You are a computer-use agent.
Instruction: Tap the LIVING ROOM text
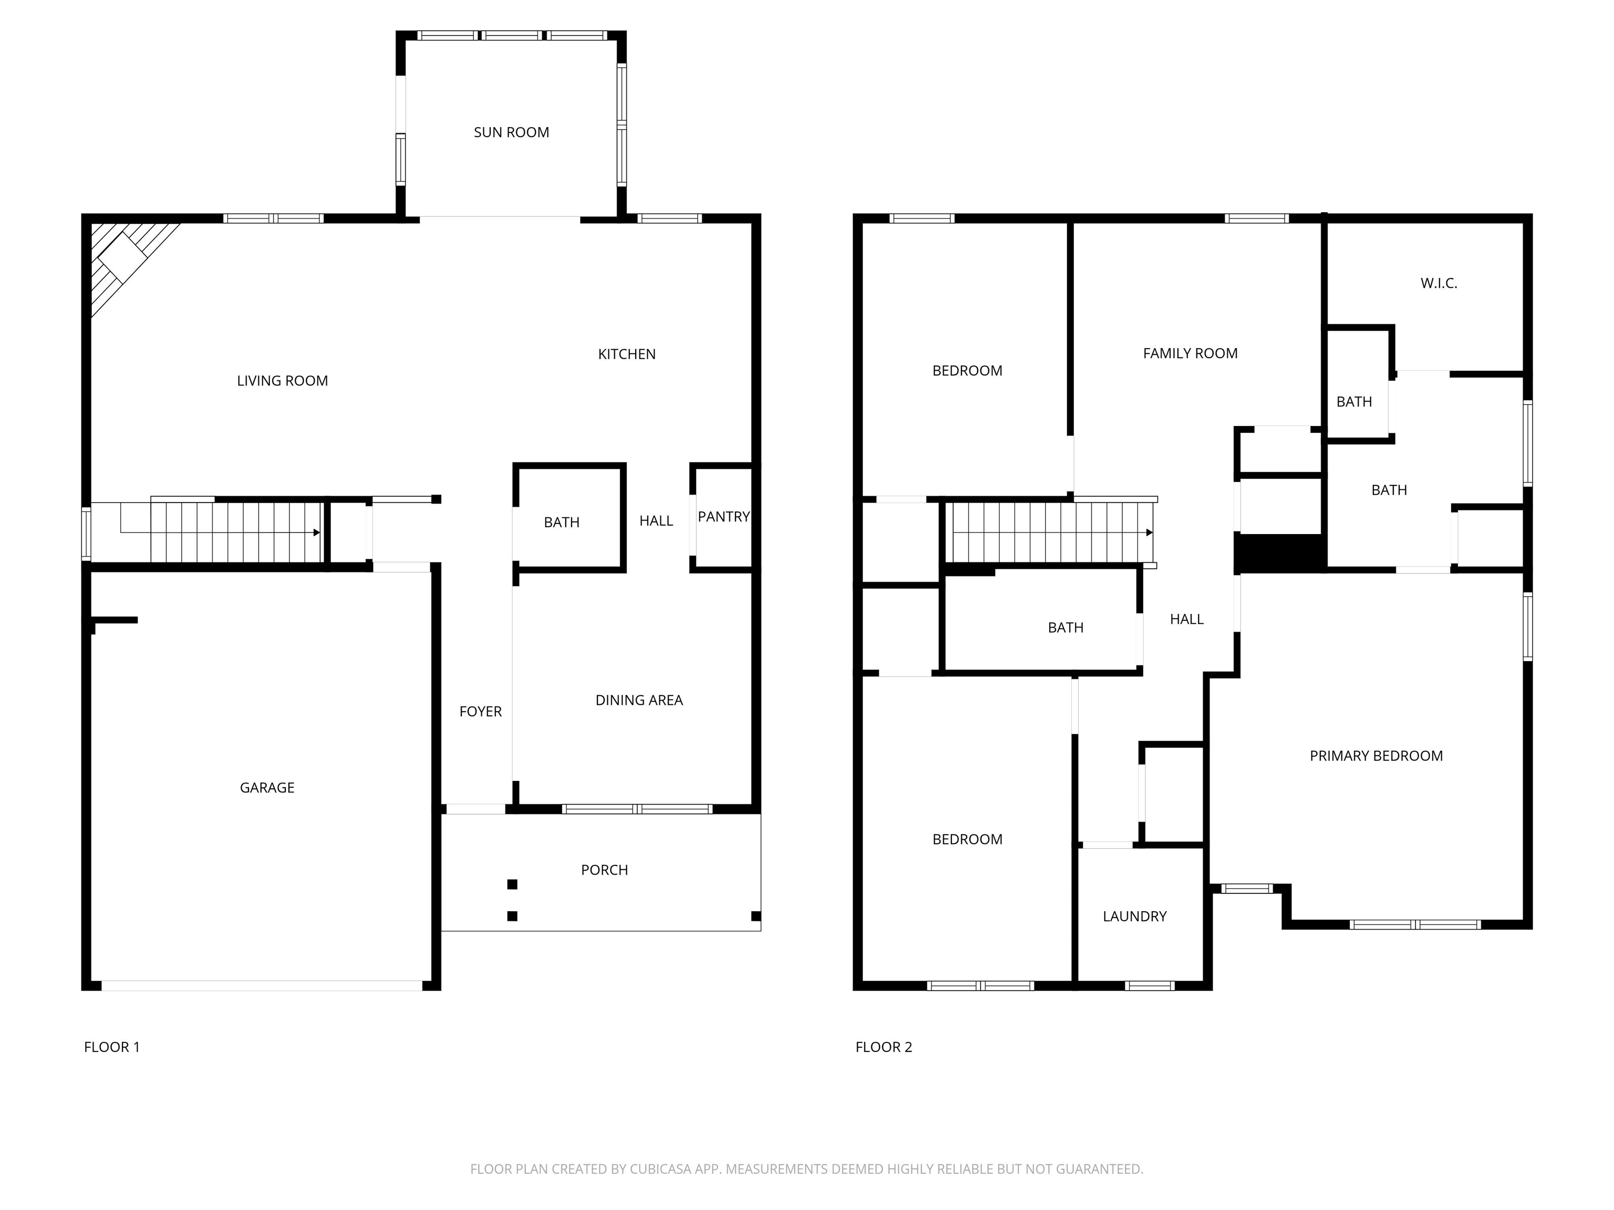point(282,381)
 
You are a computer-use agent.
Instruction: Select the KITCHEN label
point(627,354)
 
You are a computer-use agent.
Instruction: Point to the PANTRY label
point(723,516)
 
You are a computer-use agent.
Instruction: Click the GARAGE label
point(267,788)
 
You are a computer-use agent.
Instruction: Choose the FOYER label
point(480,711)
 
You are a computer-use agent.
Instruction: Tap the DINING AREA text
point(639,700)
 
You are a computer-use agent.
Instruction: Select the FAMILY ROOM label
point(1190,353)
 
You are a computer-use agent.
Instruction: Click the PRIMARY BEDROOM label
point(1376,756)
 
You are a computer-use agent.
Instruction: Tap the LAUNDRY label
point(1135,916)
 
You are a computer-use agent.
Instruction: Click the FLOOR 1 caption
point(111,1047)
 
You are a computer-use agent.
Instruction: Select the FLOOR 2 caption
point(884,1047)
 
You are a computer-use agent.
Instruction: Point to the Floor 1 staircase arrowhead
point(317,533)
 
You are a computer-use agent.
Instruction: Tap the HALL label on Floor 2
point(1186,619)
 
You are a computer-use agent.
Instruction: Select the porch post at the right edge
point(756,916)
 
